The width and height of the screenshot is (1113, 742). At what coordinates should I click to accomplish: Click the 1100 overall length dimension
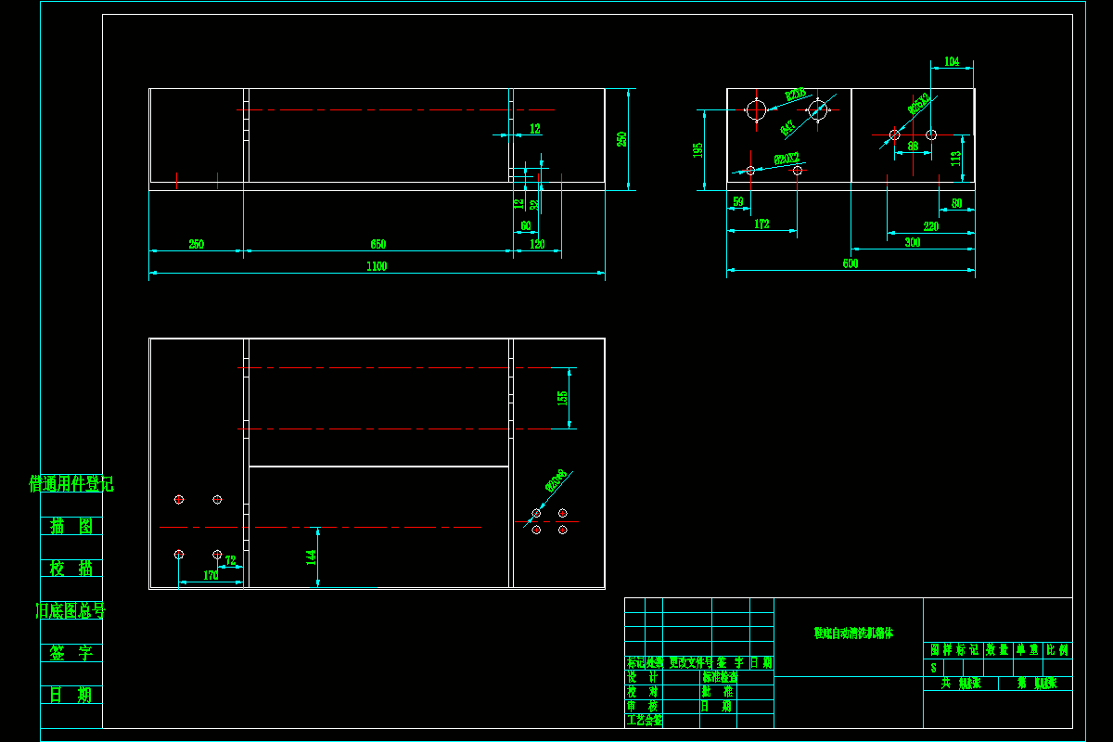[x=376, y=267]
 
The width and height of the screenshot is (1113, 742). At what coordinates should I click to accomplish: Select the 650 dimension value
[x=377, y=245]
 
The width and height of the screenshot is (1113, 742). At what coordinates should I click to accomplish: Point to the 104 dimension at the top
[x=952, y=62]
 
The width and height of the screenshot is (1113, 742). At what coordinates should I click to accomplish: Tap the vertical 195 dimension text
[x=698, y=149]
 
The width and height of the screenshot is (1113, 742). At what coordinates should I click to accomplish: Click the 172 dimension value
[x=761, y=224]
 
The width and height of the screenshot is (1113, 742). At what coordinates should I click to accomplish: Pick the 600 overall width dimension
[x=851, y=264]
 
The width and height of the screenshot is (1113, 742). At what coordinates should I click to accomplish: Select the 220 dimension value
[x=930, y=226]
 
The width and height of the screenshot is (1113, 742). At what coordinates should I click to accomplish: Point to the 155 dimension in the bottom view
[x=562, y=398]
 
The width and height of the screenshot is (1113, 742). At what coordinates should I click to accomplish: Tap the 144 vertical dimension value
[x=312, y=556]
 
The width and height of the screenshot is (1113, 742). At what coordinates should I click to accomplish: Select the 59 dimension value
[x=738, y=202]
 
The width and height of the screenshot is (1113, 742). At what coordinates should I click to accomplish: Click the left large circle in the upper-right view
[x=756, y=110]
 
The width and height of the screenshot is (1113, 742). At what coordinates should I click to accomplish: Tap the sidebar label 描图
[x=71, y=526]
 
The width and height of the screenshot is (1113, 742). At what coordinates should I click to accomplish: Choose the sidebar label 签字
[x=71, y=653]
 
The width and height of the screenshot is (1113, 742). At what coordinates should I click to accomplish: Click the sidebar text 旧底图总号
[x=71, y=610]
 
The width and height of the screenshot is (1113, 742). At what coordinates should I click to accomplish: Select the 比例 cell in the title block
[x=1057, y=650]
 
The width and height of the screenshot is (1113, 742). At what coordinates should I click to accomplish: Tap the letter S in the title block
[x=933, y=668]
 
